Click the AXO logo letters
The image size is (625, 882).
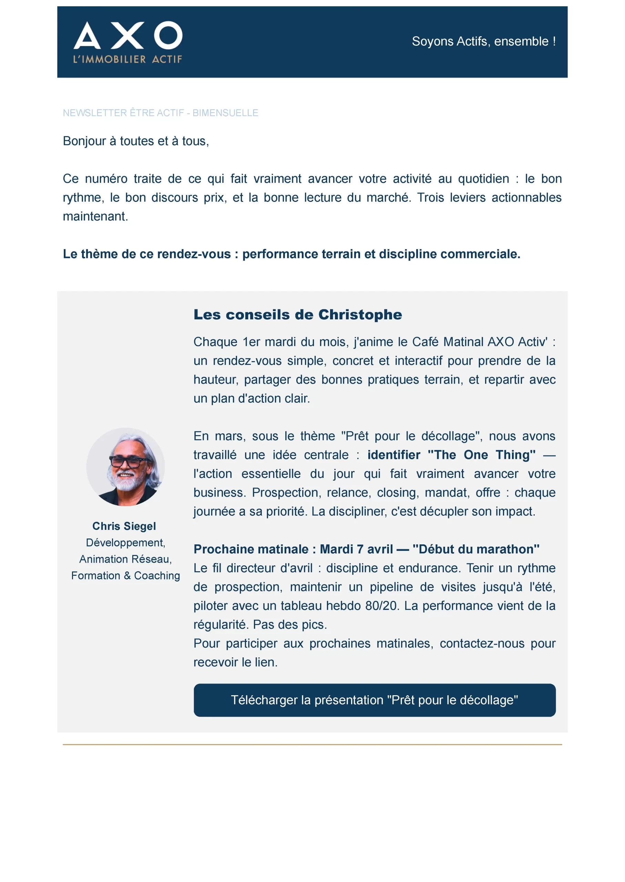pyautogui.click(x=128, y=35)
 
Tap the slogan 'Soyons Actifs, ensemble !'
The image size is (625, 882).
pyautogui.click(x=483, y=41)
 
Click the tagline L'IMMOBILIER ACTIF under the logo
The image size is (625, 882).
pyautogui.click(x=127, y=59)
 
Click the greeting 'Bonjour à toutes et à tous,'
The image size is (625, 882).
pyautogui.click(x=136, y=141)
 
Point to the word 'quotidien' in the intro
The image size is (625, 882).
pyautogui.click(x=483, y=179)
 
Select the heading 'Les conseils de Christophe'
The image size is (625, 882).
pyautogui.click(x=297, y=315)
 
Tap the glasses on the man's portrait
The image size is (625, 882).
pyautogui.click(x=125, y=461)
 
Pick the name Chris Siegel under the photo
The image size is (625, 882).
pyautogui.click(x=124, y=526)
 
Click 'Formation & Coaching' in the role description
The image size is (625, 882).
pyautogui.click(x=125, y=576)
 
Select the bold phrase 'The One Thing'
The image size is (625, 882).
pyautogui.click(x=481, y=455)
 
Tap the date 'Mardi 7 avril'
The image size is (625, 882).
pyautogui.click(x=356, y=549)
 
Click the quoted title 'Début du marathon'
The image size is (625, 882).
pyautogui.click(x=476, y=549)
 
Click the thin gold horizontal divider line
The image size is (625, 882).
pyautogui.click(x=312, y=745)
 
